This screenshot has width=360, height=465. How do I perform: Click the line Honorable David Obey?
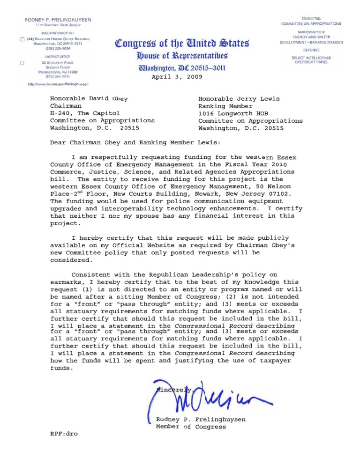tap(89, 99)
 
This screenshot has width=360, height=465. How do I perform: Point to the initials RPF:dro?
tap(64, 434)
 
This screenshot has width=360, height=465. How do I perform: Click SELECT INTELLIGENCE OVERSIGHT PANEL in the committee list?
tap(311, 60)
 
